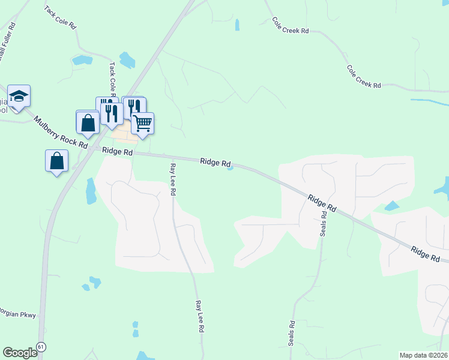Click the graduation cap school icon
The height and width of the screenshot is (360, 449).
click(x=19, y=97)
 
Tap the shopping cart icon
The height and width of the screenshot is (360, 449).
click(x=143, y=124)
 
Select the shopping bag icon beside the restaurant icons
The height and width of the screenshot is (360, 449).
click(x=88, y=122)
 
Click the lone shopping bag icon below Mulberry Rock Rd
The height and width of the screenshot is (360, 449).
click(x=56, y=161)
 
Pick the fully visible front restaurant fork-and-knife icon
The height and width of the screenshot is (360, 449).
click(x=112, y=112)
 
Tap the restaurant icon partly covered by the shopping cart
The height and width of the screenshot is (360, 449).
click(x=133, y=107)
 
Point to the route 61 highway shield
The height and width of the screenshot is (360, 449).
click(x=41, y=347)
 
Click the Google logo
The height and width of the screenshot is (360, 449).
click(x=19, y=353)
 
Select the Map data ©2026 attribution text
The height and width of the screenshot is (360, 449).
click(x=424, y=355)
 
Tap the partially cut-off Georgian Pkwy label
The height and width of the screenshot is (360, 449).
click(x=18, y=314)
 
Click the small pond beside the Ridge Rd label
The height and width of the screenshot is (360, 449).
click(x=231, y=168)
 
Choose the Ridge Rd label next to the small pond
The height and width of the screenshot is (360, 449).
click(x=215, y=163)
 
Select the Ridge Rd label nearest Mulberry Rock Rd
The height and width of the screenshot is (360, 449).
click(x=117, y=152)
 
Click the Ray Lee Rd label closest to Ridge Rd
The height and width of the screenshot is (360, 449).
click(x=172, y=179)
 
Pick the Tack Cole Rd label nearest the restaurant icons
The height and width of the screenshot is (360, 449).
click(x=112, y=77)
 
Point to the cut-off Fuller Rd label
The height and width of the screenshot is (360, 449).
click(x=6, y=41)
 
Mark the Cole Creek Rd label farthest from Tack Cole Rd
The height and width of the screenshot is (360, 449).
click(x=364, y=78)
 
